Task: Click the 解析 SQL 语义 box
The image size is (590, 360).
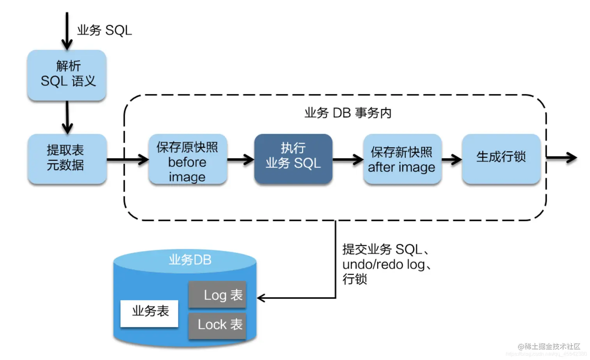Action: (67, 74)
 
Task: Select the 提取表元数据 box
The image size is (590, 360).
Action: (67, 158)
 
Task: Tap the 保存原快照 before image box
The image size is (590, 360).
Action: (188, 159)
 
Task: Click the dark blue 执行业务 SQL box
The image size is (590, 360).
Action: (293, 158)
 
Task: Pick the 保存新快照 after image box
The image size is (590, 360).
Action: (402, 159)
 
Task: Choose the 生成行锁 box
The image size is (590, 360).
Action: (501, 158)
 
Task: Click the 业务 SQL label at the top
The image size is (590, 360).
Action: (104, 30)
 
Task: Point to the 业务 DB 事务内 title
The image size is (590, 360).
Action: (347, 113)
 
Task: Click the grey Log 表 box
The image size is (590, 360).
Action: (217, 295)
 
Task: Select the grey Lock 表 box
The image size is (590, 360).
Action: (217, 325)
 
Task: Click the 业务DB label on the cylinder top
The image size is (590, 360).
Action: (190, 260)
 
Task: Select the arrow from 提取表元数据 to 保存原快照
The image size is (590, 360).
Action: (128, 159)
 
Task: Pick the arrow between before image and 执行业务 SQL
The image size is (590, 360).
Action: (241, 159)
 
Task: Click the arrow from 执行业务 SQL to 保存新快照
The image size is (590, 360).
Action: (348, 159)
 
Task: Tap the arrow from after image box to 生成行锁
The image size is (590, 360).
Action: (451, 159)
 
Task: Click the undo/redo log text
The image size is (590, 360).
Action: (384, 264)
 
